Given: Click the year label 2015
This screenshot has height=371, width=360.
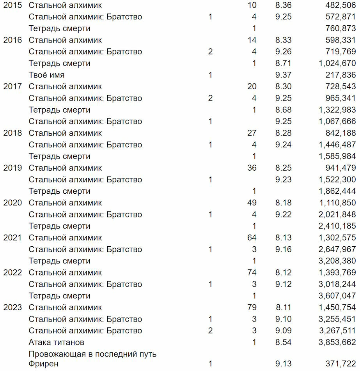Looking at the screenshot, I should (x=12, y=5).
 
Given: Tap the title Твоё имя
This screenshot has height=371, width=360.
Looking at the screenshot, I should (x=46, y=75).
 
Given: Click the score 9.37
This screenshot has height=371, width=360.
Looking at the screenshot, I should (x=283, y=75).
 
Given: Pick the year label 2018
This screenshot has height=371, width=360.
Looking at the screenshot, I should (x=12, y=133).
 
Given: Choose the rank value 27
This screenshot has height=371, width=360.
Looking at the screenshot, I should (x=252, y=133).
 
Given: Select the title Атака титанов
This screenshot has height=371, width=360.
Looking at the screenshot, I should (x=56, y=342).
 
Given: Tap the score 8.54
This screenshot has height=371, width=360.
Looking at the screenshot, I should (x=283, y=342).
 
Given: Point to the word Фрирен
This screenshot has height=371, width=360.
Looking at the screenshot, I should (x=43, y=364).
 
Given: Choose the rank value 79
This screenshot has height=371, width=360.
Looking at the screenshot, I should (x=252, y=307).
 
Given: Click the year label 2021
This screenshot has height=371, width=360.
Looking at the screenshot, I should (x=12, y=238).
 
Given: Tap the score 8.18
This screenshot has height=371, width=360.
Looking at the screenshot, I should (x=283, y=203).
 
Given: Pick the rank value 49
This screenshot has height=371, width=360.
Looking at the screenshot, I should (x=252, y=203).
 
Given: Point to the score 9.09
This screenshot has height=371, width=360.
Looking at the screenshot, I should (x=283, y=330).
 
